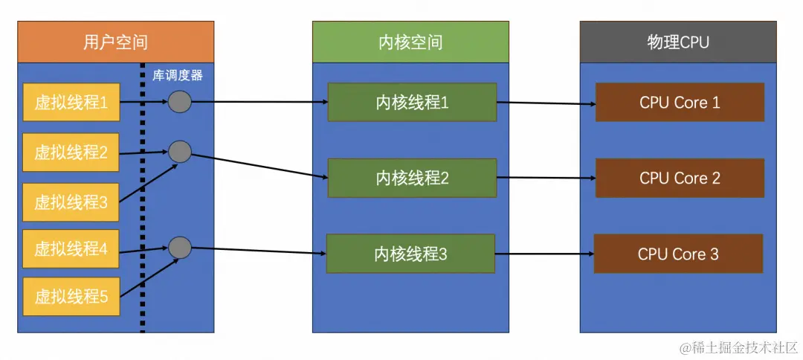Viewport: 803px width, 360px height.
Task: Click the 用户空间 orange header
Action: click(115, 42)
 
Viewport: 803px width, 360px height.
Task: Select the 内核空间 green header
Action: click(410, 42)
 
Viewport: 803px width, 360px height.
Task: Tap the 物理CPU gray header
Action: click(678, 42)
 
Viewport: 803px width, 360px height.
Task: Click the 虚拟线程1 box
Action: click(71, 103)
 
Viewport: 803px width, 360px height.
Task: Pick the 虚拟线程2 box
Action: click(71, 153)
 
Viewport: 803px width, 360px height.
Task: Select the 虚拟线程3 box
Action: click(71, 202)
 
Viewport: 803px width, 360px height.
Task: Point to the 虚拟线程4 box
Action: click(71, 249)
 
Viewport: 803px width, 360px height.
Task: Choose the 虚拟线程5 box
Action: click(71, 297)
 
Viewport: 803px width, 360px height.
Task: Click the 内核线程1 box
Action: click(412, 102)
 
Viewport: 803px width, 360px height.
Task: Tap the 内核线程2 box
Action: click(412, 178)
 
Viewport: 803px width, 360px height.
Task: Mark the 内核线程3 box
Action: click(410, 254)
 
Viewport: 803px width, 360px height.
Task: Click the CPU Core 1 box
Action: click(680, 102)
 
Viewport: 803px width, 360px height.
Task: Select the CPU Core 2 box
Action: click(680, 178)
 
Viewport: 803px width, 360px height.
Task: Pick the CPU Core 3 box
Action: click(678, 254)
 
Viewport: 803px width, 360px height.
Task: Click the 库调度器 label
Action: click(178, 75)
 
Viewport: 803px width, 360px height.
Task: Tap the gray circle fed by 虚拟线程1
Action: click(179, 102)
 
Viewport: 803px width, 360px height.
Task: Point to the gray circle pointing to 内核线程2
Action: click(180, 152)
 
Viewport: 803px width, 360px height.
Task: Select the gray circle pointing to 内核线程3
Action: click(180, 247)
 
